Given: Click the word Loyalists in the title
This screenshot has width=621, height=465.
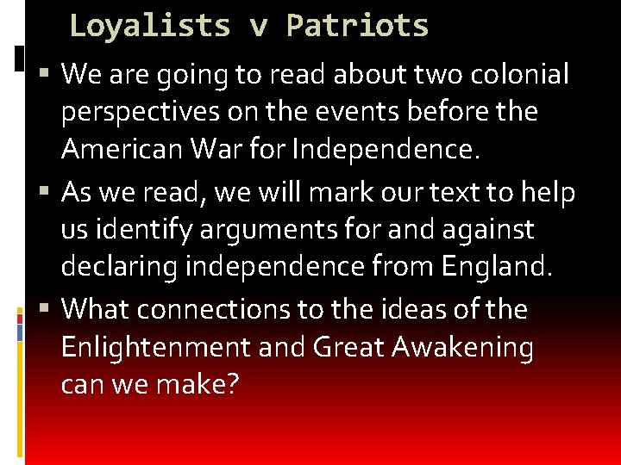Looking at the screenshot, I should pos(149,26).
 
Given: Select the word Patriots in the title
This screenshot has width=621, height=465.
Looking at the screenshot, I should pos(357,26).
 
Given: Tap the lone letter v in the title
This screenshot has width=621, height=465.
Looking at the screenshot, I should pos(258,28).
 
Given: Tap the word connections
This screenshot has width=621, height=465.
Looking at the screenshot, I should pos(230,308).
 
